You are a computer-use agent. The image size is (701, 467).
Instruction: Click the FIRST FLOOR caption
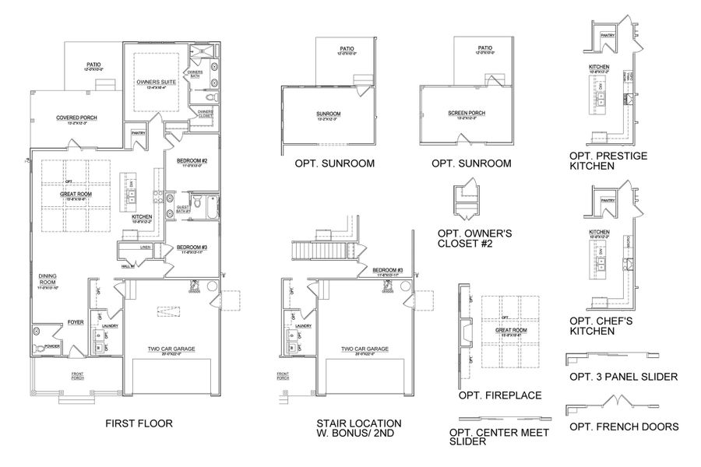pos(138,424)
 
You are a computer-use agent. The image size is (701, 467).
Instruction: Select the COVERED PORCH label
pos(76,118)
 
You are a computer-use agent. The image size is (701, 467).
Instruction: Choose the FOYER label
pos(75,321)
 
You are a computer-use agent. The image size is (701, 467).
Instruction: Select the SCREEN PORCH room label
pos(467,113)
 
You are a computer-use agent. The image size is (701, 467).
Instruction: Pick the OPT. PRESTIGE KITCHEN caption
pos(608,160)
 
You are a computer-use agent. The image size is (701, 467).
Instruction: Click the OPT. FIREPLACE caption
pos(500,395)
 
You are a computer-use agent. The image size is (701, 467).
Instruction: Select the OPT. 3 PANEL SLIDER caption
pos(623,377)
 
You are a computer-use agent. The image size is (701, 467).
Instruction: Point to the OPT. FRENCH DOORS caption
pos(623,427)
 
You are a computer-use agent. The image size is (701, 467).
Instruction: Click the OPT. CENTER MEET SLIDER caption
pos(499,437)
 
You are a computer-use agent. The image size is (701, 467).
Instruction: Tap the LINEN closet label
pos(146,248)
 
